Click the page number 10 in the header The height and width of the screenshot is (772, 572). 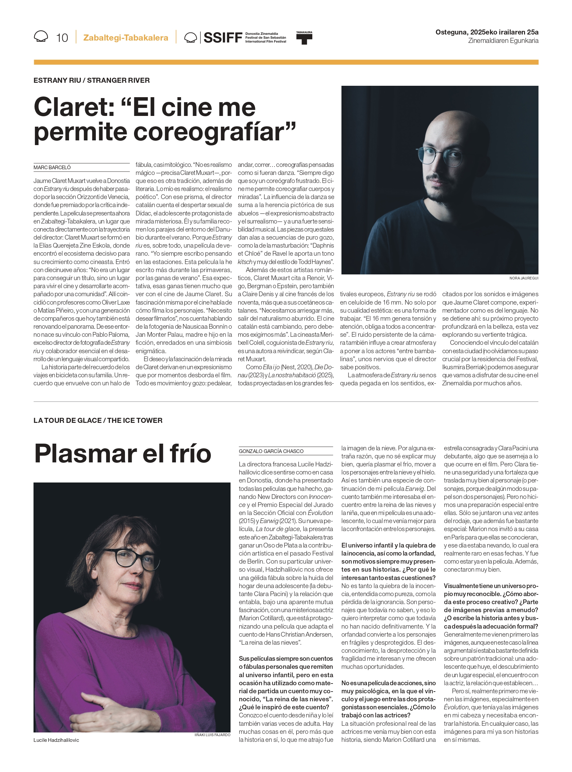(x=62, y=38)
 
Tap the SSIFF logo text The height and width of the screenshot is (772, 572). (x=223, y=38)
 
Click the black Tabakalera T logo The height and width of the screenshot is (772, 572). (x=304, y=38)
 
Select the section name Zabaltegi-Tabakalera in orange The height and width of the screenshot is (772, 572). (x=126, y=38)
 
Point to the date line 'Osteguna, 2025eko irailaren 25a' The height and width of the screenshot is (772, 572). (x=487, y=32)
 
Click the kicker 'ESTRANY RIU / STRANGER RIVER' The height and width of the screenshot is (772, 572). (x=91, y=80)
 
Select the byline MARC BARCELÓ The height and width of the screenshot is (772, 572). (x=52, y=168)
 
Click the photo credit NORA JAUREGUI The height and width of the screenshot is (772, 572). (x=523, y=278)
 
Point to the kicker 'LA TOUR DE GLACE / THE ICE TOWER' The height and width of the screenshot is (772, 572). (x=98, y=420)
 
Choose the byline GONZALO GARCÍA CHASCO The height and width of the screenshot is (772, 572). (x=271, y=451)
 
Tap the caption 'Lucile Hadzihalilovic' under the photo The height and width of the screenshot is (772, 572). (x=56, y=740)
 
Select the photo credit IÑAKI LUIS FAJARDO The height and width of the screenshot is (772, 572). (x=212, y=734)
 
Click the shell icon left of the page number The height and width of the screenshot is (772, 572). (x=41, y=37)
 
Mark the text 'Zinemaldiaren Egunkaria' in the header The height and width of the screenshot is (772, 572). (x=503, y=41)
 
